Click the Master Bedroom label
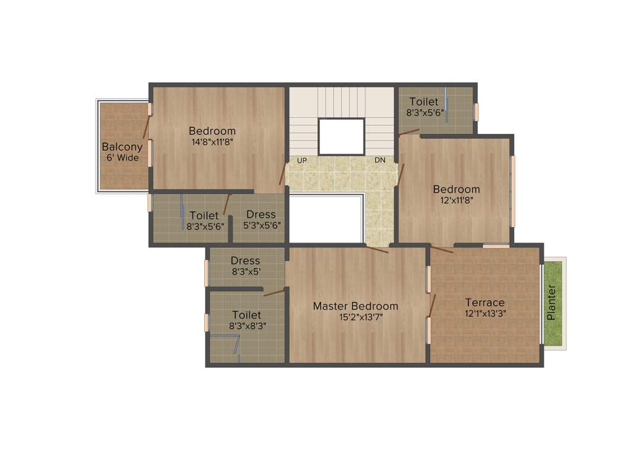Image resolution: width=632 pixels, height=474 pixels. coord(355,306)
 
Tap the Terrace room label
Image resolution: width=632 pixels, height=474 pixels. coord(484,302)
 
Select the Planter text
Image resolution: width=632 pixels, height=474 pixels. coord(552,302)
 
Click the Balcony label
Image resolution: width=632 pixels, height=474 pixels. coord(122,147)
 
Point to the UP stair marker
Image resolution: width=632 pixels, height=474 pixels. coord(302,160)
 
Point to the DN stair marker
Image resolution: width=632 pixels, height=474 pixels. coord(380,160)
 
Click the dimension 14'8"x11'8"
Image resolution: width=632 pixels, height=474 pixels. coord(212,141)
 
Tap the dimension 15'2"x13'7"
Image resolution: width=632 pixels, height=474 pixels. coord(355,317)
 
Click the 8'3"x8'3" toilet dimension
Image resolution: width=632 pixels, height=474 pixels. coord(246,325)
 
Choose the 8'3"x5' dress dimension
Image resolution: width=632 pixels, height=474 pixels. coord(245,271)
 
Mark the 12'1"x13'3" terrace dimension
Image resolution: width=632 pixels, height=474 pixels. coord(484,313)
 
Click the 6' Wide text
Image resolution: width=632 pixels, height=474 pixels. coord(122,158)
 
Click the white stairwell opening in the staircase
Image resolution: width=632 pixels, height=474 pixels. coord(341,136)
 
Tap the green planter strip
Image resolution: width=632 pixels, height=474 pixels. coord(554,302)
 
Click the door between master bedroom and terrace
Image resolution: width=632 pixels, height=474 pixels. coord(432,305)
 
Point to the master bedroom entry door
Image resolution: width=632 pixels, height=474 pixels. coord(376,249)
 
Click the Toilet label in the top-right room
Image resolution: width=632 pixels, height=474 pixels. coord(423,101)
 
